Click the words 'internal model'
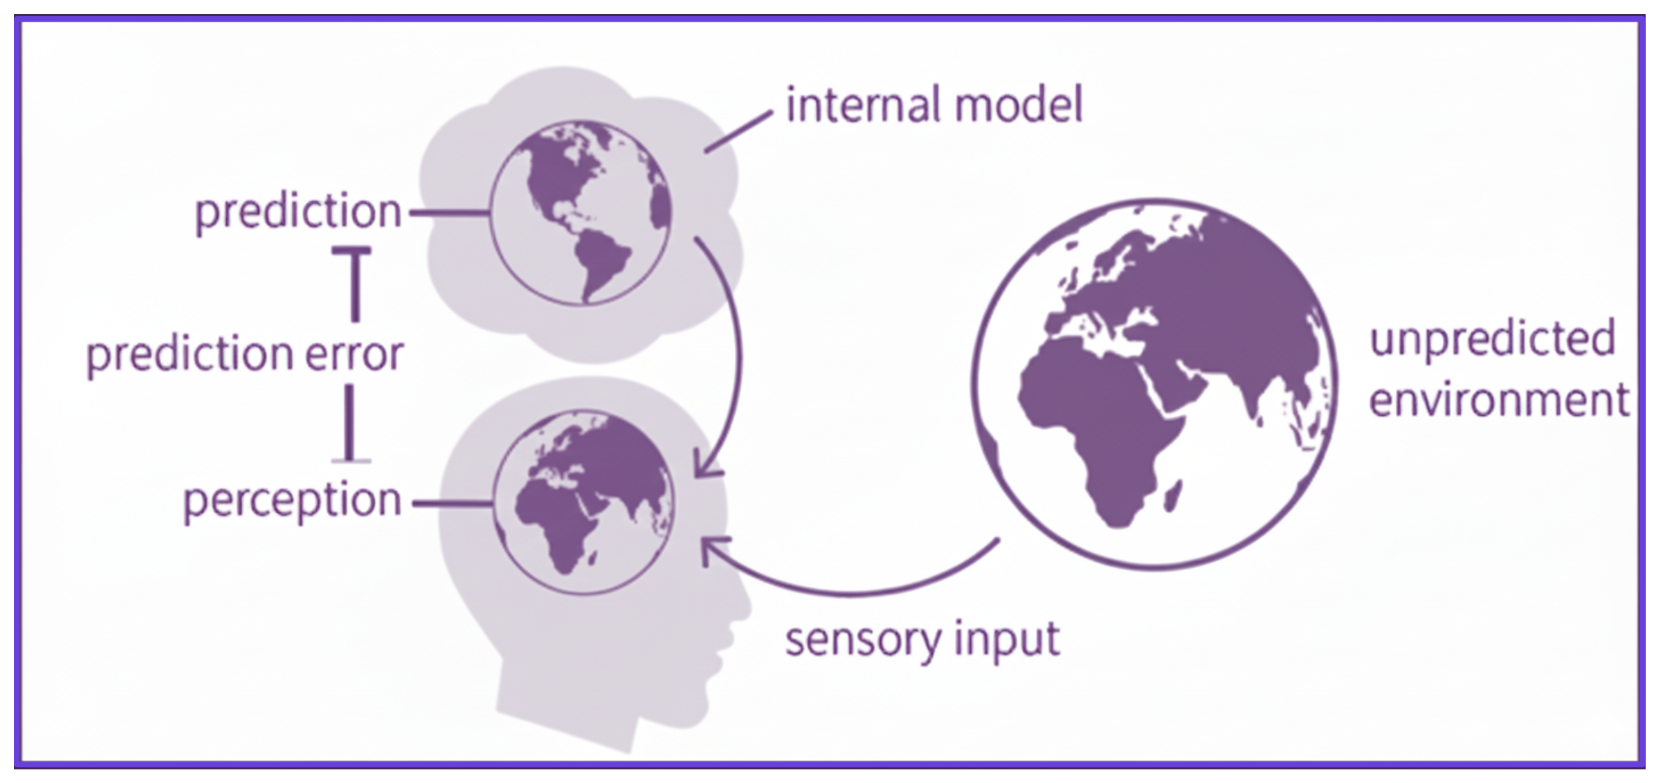934,106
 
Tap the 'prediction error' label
244,355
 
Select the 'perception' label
292,501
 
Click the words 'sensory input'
922,639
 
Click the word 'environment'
1498,401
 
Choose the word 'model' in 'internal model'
1018,106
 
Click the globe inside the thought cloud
581,212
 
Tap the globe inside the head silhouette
583,502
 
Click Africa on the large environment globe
1103,426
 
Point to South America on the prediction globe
599,262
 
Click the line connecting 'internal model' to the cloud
738,131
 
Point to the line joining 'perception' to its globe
452,502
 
